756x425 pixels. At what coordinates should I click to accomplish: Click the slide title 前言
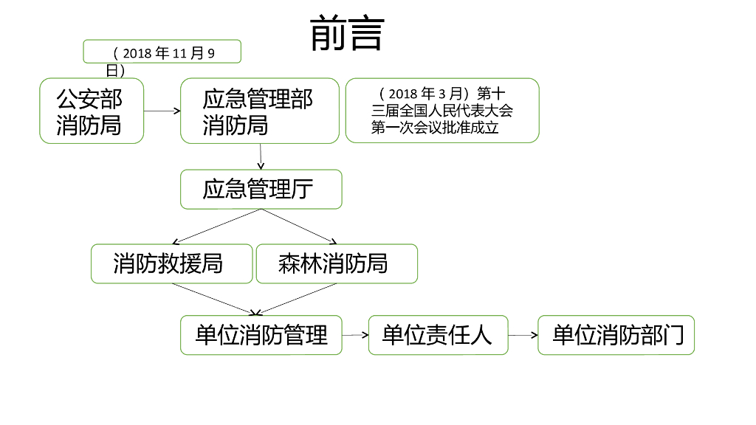click(x=347, y=34)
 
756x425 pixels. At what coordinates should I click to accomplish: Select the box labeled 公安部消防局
click(x=92, y=111)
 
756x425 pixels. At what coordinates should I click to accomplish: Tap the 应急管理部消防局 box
click(x=260, y=111)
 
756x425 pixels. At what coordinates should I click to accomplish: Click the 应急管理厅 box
click(x=261, y=190)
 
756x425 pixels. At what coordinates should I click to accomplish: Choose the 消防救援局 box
click(x=171, y=263)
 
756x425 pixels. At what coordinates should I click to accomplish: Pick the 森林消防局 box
click(x=337, y=263)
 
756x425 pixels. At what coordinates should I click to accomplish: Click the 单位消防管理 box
click(x=261, y=335)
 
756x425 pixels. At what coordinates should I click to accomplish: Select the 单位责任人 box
click(x=439, y=335)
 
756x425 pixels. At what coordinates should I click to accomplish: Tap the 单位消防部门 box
click(x=616, y=335)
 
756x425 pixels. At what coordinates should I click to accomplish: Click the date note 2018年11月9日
click(x=162, y=53)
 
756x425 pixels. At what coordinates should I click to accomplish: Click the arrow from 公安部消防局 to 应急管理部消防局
click(x=162, y=111)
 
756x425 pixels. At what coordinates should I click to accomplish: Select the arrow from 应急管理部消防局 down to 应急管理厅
click(x=261, y=156)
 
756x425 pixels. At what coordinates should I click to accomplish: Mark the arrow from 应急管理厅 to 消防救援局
click(x=217, y=226)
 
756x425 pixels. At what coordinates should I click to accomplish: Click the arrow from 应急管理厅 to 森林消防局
click(x=298, y=226)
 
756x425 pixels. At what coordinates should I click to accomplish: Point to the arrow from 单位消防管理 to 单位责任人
click(x=355, y=335)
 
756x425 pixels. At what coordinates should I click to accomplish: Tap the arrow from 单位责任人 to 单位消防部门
click(x=523, y=335)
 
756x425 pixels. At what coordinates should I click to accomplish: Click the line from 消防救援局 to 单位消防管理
click(x=214, y=299)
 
